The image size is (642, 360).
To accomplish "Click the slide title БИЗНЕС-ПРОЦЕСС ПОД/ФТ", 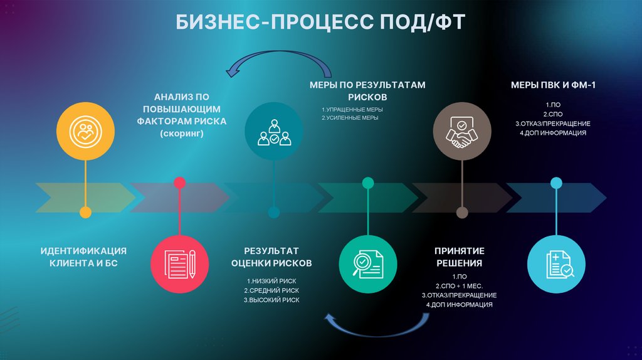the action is coord(320,23).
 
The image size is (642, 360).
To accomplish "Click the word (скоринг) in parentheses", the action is coord(182,134).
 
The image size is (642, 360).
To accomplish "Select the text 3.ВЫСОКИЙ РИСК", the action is coord(271,300).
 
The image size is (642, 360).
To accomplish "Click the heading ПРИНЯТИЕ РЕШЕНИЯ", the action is coord(459,257).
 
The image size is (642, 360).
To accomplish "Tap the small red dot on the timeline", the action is coord(179,183).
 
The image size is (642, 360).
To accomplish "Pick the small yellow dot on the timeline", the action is coord(85,213).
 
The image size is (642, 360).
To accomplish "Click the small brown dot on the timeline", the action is coord(462,213).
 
